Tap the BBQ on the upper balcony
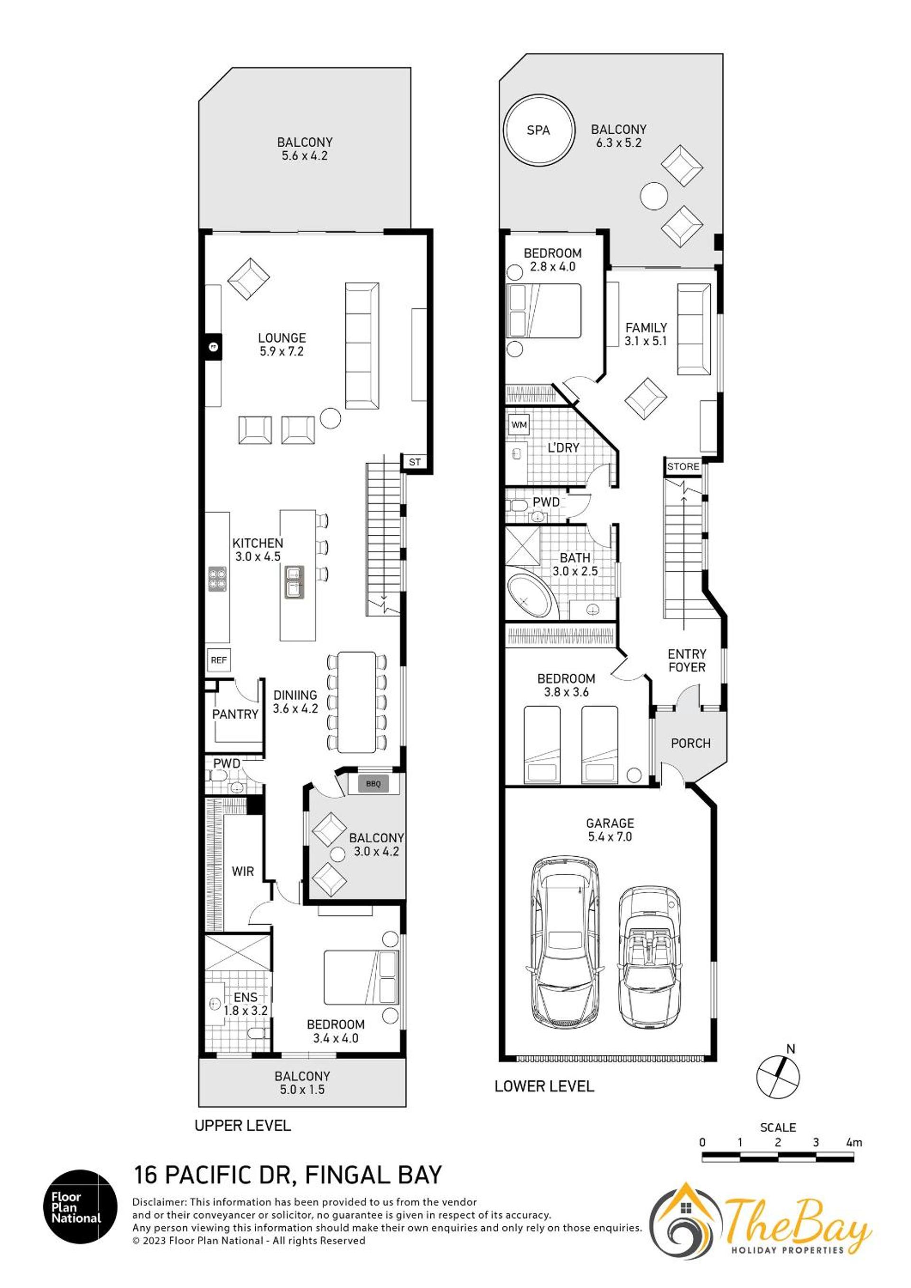tap(373, 784)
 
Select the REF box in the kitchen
tap(219, 660)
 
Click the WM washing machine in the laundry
tap(520, 425)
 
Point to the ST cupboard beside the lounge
tap(415, 462)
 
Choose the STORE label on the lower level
tap(683, 466)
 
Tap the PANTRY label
tap(235, 714)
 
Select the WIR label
tap(243, 871)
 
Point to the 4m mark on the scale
tap(855, 1142)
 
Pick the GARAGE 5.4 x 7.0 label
tap(610, 830)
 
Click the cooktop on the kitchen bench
tap(218, 579)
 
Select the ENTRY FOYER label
tap(687, 660)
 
